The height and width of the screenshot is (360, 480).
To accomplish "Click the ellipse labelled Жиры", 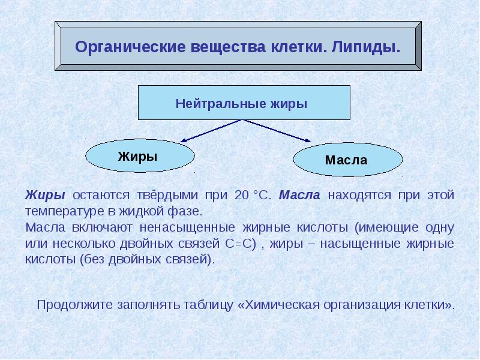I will [x=140, y=157].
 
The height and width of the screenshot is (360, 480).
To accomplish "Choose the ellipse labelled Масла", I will [x=347, y=160].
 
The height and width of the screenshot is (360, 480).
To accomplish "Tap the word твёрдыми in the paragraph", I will [x=169, y=196].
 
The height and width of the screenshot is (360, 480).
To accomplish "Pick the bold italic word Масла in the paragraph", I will [x=300, y=196].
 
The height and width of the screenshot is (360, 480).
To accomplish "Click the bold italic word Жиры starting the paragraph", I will [x=45, y=196].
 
